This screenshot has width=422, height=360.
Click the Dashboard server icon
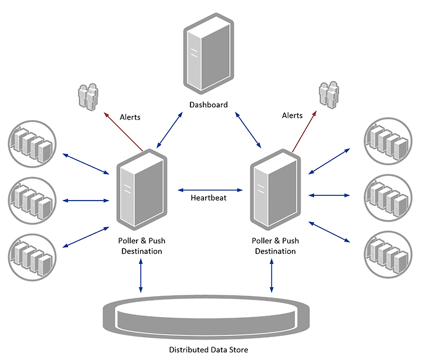[x=209, y=53]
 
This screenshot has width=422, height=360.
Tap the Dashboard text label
[x=209, y=105]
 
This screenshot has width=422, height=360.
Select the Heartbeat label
[x=209, y=198]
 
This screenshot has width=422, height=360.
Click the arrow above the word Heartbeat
[x=210, y=190]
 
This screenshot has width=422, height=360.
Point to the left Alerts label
[x=130, y=117]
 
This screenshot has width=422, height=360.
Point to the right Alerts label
[x=292, y=116]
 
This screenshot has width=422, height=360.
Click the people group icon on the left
[x=88, y=97]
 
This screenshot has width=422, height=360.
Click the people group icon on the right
[x=329, y=95]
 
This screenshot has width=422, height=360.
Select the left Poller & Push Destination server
[x=142, y=189]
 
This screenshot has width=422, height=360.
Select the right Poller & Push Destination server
[x=275, y=189]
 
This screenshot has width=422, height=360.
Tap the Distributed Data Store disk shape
[x=206, y=317]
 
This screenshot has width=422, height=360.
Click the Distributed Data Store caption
[x=209, y=350]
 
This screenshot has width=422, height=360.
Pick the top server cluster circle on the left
[x=32, y=144]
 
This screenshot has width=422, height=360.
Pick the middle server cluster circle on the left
[x=32, y=201]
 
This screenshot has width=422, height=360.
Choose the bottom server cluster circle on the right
[x=388, y=254]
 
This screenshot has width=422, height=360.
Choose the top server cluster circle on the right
[x=388, y=141]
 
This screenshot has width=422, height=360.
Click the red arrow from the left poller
[x=124, y=132]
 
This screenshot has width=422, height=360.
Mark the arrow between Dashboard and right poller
[x=248, y=130]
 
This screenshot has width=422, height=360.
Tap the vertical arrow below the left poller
[x=141, y=276]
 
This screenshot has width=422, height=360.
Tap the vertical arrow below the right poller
[x=271, y=276]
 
